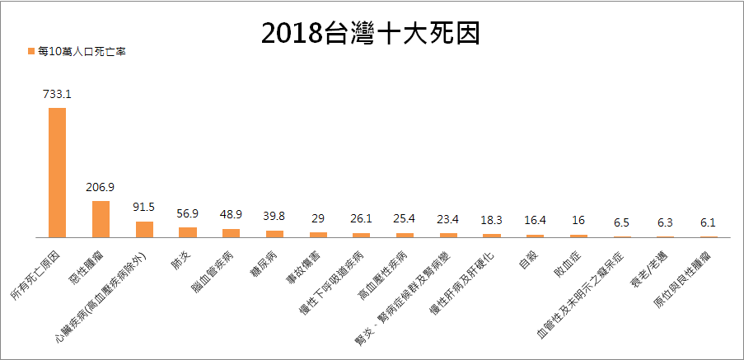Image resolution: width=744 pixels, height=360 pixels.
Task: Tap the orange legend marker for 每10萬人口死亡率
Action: (x=30, y=51)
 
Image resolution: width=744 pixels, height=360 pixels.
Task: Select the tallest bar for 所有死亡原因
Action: (x=57, y=172)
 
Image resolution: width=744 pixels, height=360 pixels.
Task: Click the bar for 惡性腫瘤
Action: (x=101, y=218)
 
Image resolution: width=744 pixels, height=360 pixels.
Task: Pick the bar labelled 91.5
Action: (x=144, y=229)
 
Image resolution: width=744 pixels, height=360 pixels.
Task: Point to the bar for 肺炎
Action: (x=188, y=231)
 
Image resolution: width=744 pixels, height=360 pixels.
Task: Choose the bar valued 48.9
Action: (x=232, y=232)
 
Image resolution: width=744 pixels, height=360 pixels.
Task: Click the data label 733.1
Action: (x=57, y=95)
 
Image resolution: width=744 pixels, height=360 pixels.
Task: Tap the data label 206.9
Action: (x=101, y=187)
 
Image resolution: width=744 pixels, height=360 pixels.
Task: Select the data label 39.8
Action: (x=274, y=217)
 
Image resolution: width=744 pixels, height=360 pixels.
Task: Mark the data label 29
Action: (x=318, y=219)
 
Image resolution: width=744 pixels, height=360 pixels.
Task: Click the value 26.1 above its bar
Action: (x=362, y=219)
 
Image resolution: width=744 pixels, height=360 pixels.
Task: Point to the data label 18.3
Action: (x=492, y=221)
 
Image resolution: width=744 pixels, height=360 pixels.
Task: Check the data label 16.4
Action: (x=536, y=222)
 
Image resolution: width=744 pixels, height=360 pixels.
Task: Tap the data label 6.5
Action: (x=622, y=223)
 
